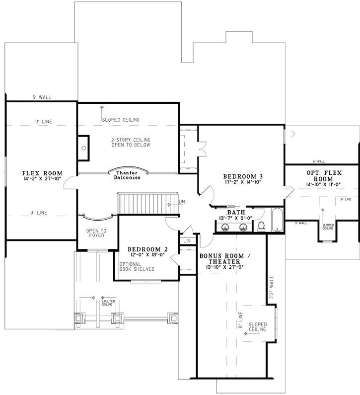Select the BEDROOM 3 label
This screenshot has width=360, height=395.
click(242, 176)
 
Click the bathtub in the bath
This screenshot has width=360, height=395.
click(277, 220)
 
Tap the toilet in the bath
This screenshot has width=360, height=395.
click(262, 226)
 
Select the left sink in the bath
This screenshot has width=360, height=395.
click(226, 228)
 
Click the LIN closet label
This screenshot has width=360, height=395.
click(187, 240)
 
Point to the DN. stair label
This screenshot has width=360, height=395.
click(182, 202)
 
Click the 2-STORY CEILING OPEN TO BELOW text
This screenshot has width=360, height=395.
click(131, 143)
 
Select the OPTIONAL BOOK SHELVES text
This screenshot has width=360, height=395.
click(137, 266)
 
